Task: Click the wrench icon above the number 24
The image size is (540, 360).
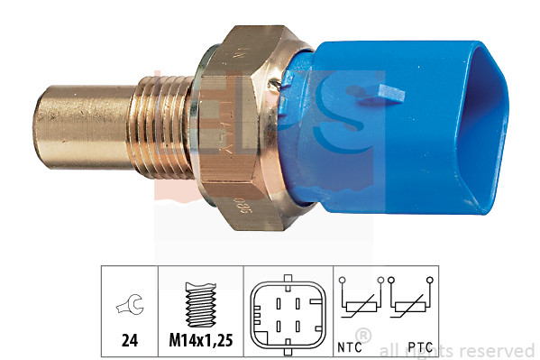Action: pos(129,308)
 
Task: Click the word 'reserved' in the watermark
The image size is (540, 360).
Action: pos(498,351)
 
